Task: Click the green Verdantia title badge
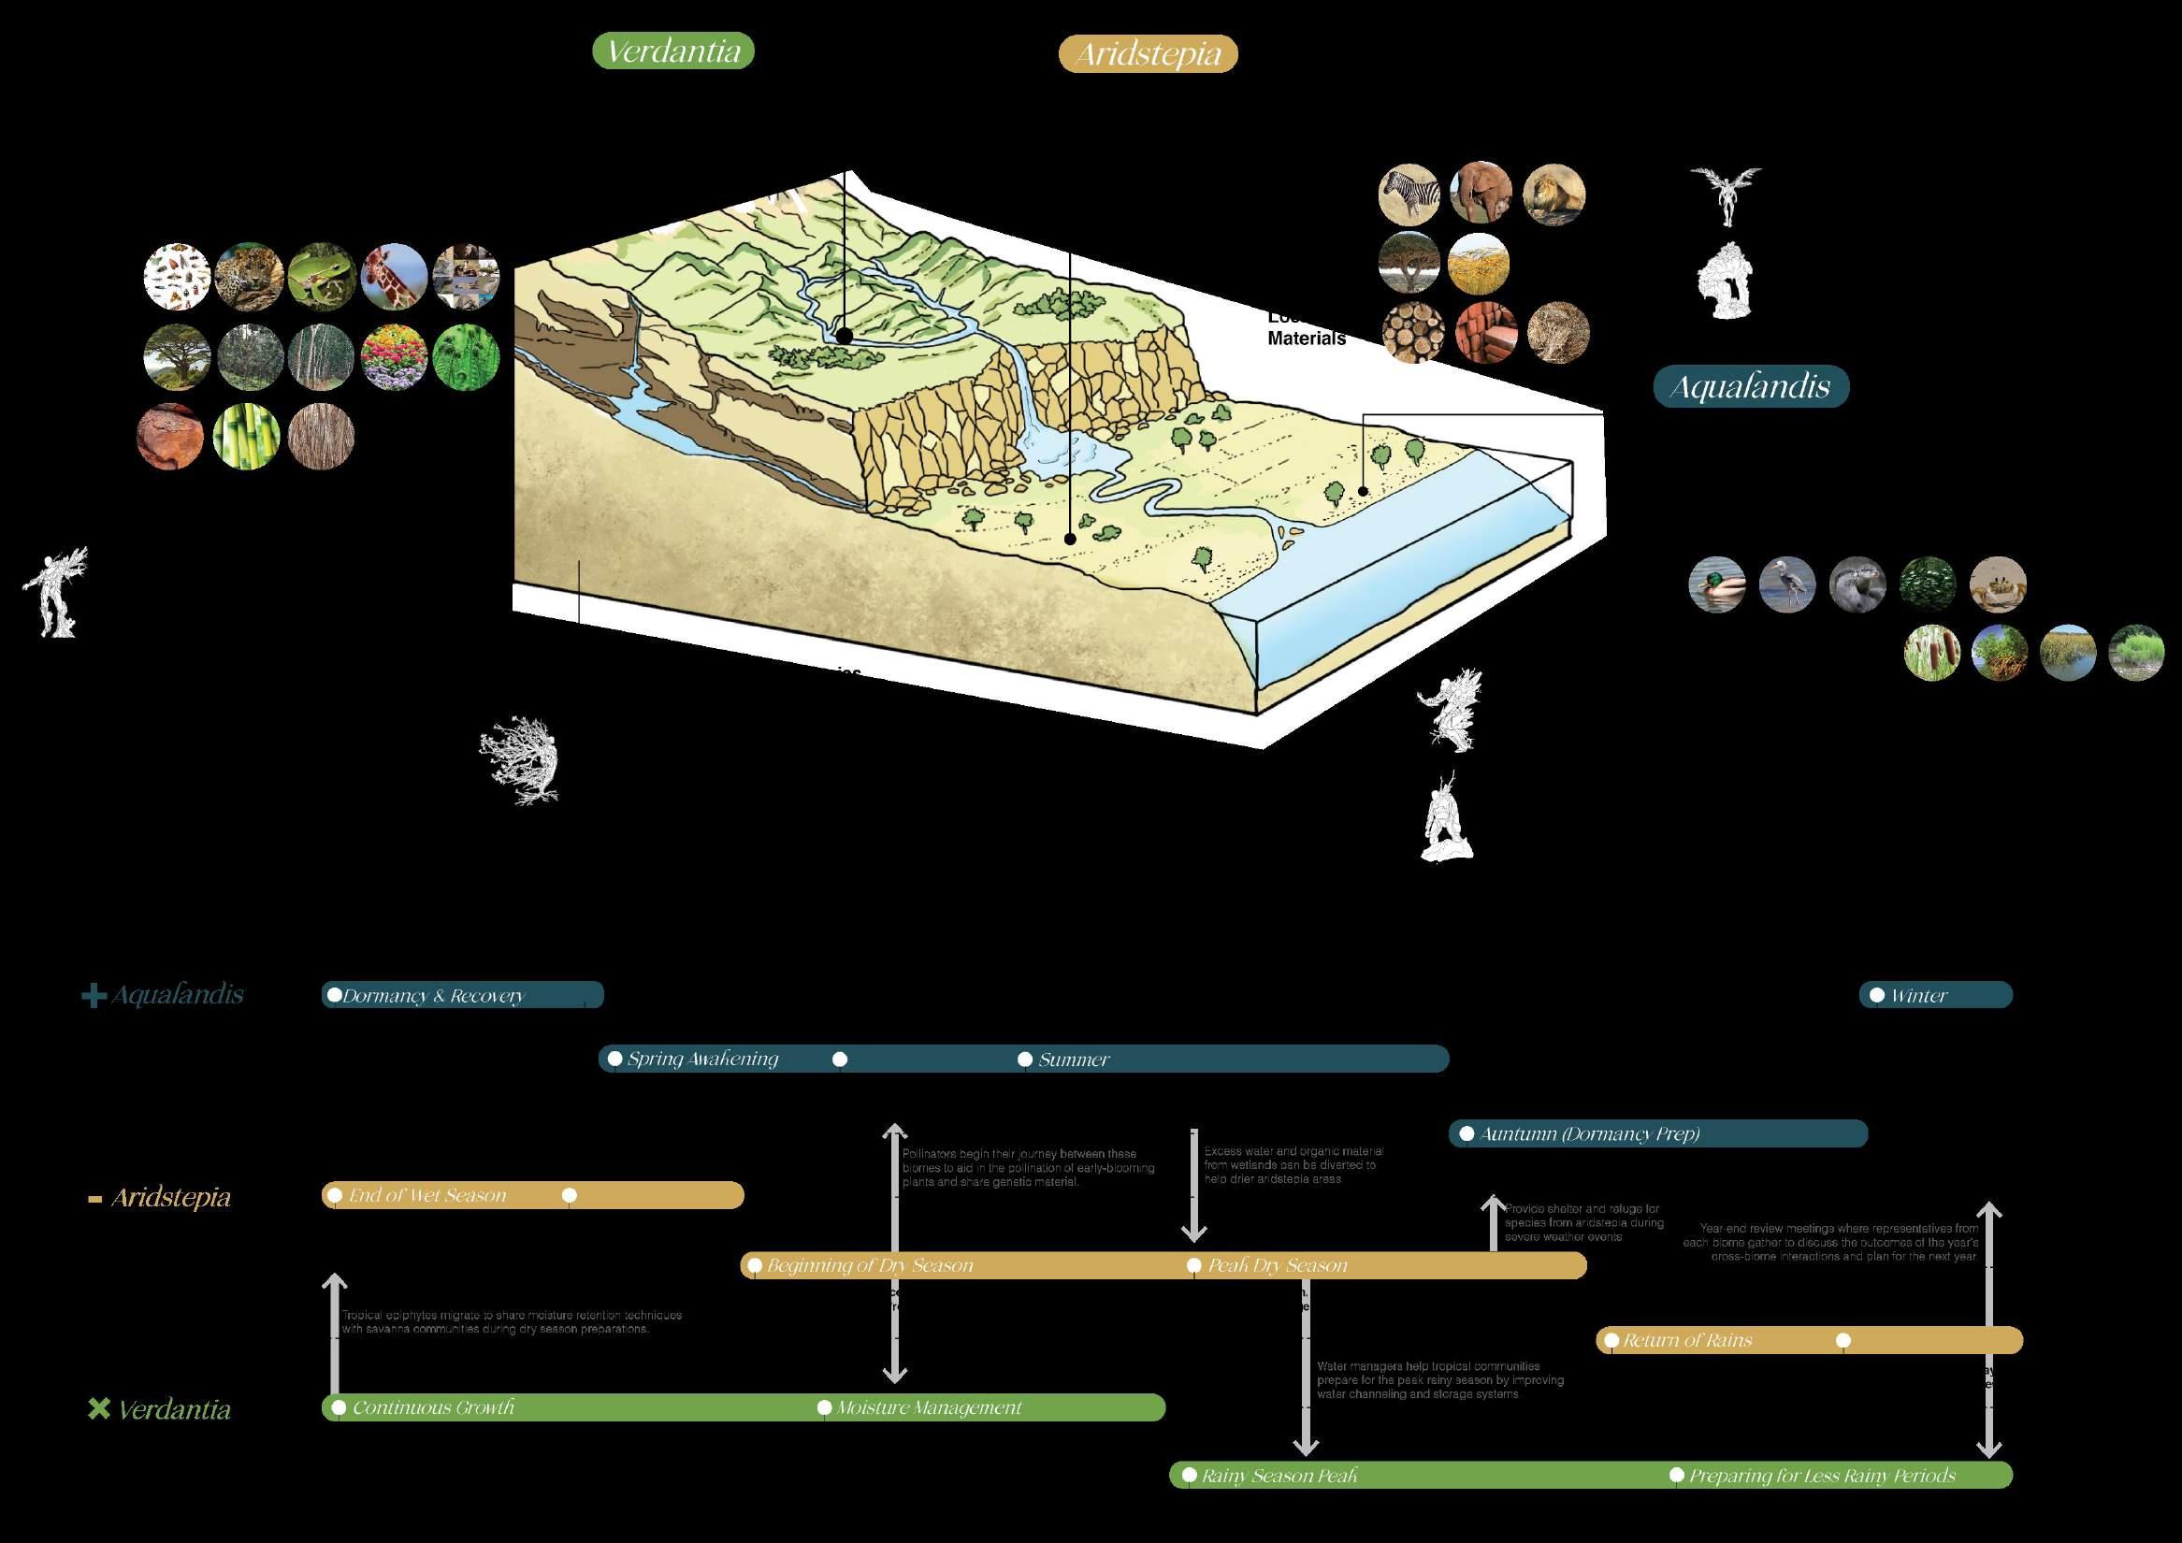click(672, 50)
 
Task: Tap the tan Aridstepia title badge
click(1148, 54)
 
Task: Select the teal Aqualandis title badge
click(1751, 387)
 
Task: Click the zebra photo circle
click(1409, 194)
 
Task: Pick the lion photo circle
click(1553, 194)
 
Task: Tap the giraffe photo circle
click(395, 277)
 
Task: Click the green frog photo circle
click(321, 277)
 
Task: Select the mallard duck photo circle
click(1716, 584)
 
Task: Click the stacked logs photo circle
click(1413, 333)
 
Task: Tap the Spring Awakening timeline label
click(702, 1059)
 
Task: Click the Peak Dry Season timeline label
click(1278, 1265)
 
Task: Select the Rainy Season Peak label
click(1279, 1476)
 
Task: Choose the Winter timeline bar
click(1935, 995)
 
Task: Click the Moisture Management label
click(929, 1407)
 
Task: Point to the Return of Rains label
click(1687, 1341)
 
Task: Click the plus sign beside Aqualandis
click(94, 996)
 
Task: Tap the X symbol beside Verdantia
click(98, 1408)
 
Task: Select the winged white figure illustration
click(1725, 195)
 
